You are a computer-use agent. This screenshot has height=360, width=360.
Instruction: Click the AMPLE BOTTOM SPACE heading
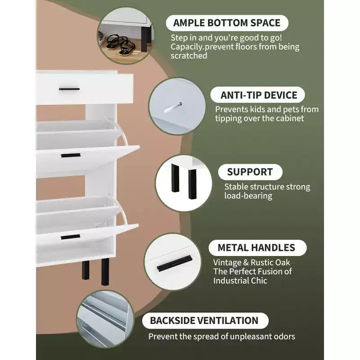pos(227,23)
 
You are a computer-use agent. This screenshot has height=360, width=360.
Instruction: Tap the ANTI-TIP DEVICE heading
pos(259,95)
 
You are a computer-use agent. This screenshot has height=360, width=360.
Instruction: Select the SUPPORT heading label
pos(250,172)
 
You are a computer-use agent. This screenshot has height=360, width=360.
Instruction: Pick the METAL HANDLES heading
pos(256,248)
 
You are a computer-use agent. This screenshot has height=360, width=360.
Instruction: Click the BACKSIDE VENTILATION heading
pos(204,320)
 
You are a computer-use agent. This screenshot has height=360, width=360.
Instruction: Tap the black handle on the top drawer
pos(69,89)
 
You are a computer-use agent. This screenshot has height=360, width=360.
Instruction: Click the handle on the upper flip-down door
pos(71,155)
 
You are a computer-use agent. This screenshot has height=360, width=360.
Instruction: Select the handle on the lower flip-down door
pos(71,237)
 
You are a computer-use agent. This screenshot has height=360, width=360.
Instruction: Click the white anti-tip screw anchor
pos(173,108)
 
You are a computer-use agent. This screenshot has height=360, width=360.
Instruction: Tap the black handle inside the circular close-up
pos(175,263)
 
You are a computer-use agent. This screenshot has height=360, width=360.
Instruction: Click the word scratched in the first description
pos(189,56)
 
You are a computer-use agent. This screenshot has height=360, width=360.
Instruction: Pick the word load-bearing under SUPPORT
pos(248,196)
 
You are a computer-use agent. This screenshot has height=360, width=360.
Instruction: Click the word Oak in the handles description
pos(283,262)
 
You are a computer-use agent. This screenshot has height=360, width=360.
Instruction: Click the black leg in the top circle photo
pos(144,38)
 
